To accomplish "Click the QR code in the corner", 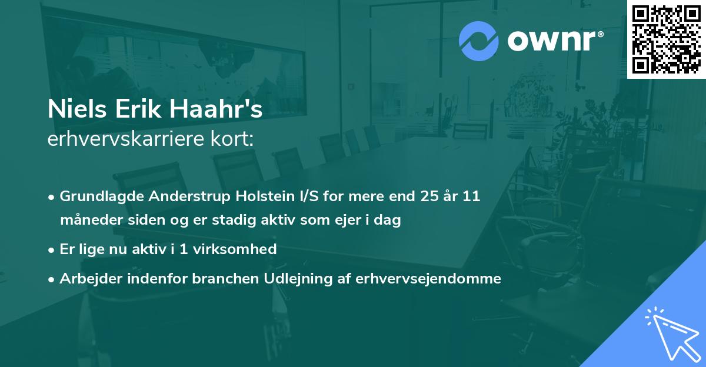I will pyautogui.click(x=665, y=39).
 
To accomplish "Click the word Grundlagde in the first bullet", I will pyautogui.click(x=97, y=196).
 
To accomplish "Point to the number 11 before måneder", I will pyautogui.click(x=471, y=196).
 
